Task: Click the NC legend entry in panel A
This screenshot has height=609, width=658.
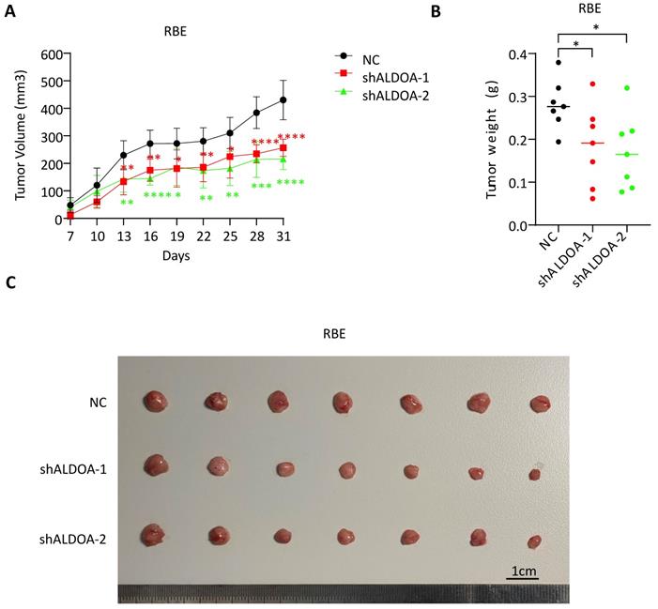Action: pos(368,56)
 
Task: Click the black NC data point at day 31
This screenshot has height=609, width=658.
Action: pos(283,99)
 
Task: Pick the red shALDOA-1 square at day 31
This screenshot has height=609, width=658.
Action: pos(283,148)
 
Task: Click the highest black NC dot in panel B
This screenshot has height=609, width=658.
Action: pos(559,63)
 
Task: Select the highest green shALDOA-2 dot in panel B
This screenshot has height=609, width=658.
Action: pos(627,88)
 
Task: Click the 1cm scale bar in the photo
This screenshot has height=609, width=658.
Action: pos(524,571)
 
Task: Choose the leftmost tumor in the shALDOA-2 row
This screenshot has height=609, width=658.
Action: pos(152,536)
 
